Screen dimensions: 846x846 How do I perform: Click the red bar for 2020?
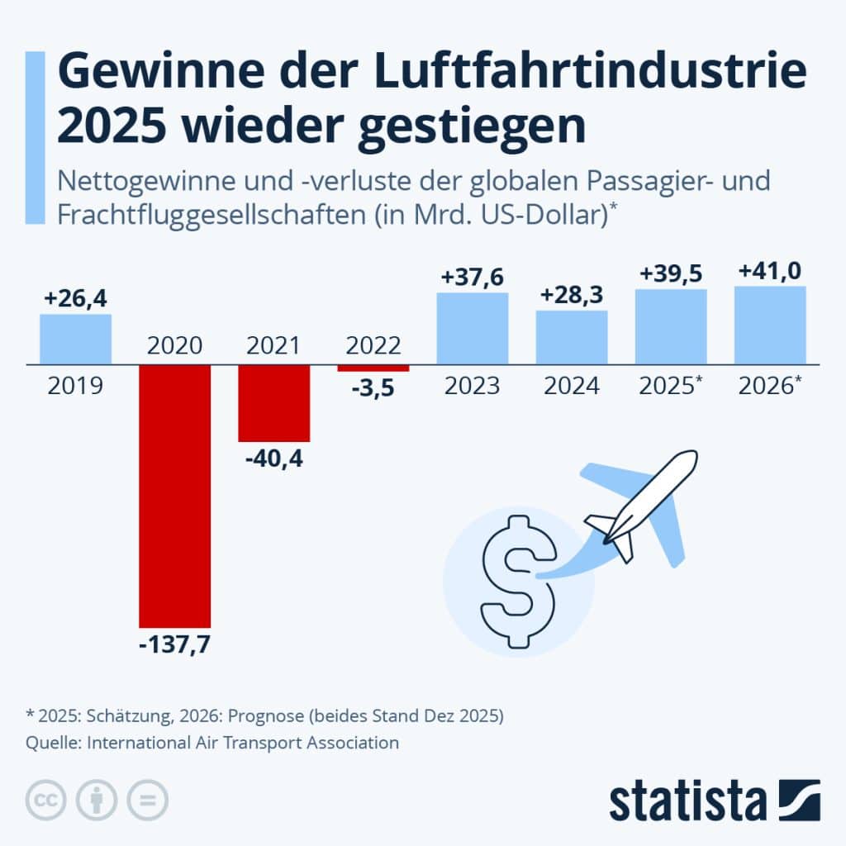click(x=174, y=496)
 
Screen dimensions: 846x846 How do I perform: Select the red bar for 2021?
click(x=273, y=402)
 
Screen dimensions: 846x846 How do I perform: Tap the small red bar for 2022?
click(x=373, y=368)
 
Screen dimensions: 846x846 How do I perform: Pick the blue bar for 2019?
click(x=75, y=339)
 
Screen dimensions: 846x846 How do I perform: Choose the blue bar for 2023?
click(x=472, y=328)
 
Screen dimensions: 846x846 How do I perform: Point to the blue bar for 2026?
click(x=770, y=325)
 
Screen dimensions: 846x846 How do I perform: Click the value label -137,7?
click(x=174, y=644)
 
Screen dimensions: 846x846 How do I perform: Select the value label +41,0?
click(x=770, y=271)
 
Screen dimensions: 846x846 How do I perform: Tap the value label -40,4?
click(x=273, y=458)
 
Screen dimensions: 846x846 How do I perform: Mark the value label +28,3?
click(x=572, y=295)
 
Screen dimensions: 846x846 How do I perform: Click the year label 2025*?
click(x=670, y=385)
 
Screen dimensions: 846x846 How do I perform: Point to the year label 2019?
click(x=75, y=385)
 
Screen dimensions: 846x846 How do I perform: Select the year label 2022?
click(x=373, y=345)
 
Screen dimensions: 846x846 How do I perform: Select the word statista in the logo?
click(x=687, y=801)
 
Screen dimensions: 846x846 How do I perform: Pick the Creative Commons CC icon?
click(x=47, y=800)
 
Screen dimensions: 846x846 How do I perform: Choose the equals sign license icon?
click(x=146, y=800)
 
